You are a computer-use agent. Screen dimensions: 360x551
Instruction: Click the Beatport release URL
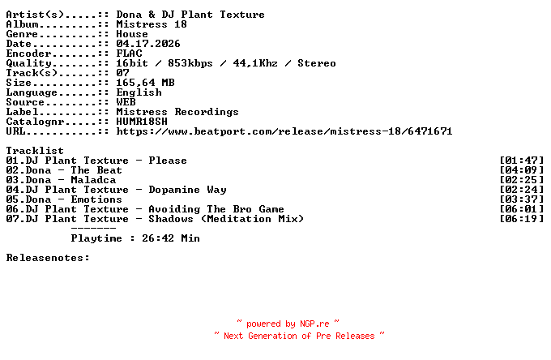[x=284, y=131]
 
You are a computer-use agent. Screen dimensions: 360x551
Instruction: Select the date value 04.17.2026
[x=148, y=44]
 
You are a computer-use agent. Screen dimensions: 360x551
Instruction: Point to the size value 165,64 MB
[x=145, y=83]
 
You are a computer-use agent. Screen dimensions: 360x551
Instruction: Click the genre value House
[x=132, y=34]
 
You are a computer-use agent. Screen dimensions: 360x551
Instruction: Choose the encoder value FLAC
[x=129, y=54]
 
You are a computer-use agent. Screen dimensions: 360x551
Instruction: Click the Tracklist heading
[x=35, y=151]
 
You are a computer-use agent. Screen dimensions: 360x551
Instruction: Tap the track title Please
[x=168, y=161]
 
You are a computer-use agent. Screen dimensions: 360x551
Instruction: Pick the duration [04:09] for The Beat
[x=522, y=170]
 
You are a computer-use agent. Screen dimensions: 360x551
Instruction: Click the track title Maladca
[x=93, y=180]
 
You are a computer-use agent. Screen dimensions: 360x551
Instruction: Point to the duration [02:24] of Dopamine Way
[x=522, y=190]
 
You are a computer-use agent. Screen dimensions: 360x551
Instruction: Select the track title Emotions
[x=96, y=199]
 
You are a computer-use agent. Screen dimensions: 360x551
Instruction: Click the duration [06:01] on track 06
[x=522, y=209]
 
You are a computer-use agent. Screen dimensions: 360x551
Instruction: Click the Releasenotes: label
[x=48, y=258]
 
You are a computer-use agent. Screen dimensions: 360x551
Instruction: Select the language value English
[x=139, y=92]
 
